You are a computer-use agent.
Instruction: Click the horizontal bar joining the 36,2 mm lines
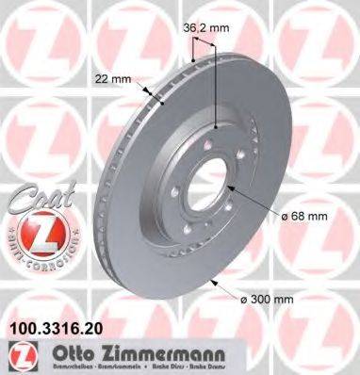(x=205, y=56)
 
